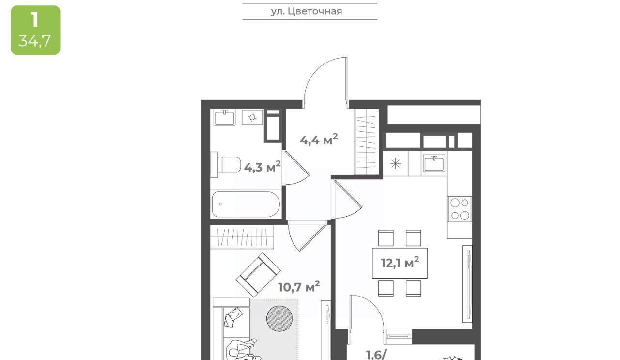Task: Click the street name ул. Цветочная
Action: pyautogui.click(x=307, y=11)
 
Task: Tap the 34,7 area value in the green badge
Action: pyautogui.click(x=34, y=41)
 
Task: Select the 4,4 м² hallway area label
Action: pyautogui.click(x=319, y=140)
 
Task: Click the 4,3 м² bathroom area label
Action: pyautogui.click(x=263, y=167)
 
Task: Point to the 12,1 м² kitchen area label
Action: pyautogui.click(x=400, y=262)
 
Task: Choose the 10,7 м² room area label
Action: pyautogui.click(x=299, y=287)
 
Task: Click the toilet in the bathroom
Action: pyautogui.click(x=226, y=165)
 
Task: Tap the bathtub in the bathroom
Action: pyautogui.click(x=246, y=204)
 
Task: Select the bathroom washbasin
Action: pyautogui.click(x=224, y=117)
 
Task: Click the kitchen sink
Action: pyautogui.click(x=434, y=163)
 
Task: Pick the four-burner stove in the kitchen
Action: pyautogui.click(x=460, y=209)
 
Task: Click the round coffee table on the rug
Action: pyautogui.click(x=279, y=318)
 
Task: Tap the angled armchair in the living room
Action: pyautogui.click(x=258, y=275)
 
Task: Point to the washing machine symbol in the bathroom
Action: pyautogui.click(x=252, y=117)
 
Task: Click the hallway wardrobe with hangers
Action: pyautogui.click(x=367, y=141)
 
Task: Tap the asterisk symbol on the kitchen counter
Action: pyautogui.click(x=395, y=163)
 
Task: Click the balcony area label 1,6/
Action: pyautogui.click(x=375, y=355)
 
